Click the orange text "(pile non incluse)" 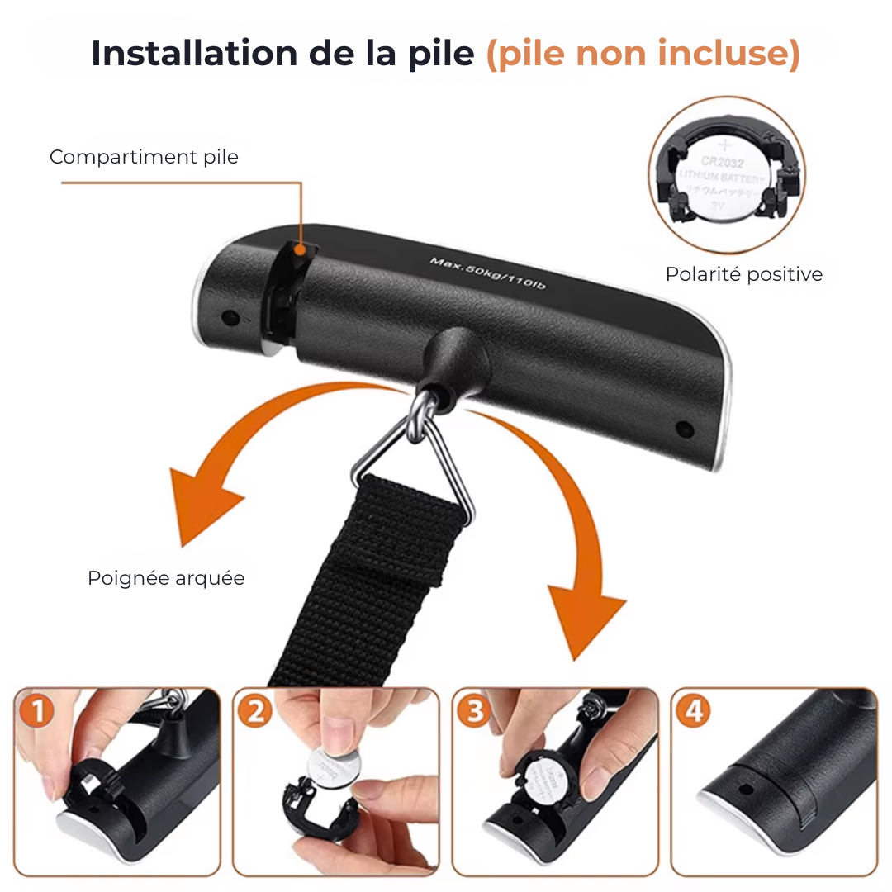pos(643,54)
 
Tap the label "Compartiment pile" pos(144,157)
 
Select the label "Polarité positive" pos(743,274)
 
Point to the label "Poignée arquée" pos(166,578)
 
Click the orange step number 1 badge pos(36,712)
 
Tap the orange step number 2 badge pos(255,712)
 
